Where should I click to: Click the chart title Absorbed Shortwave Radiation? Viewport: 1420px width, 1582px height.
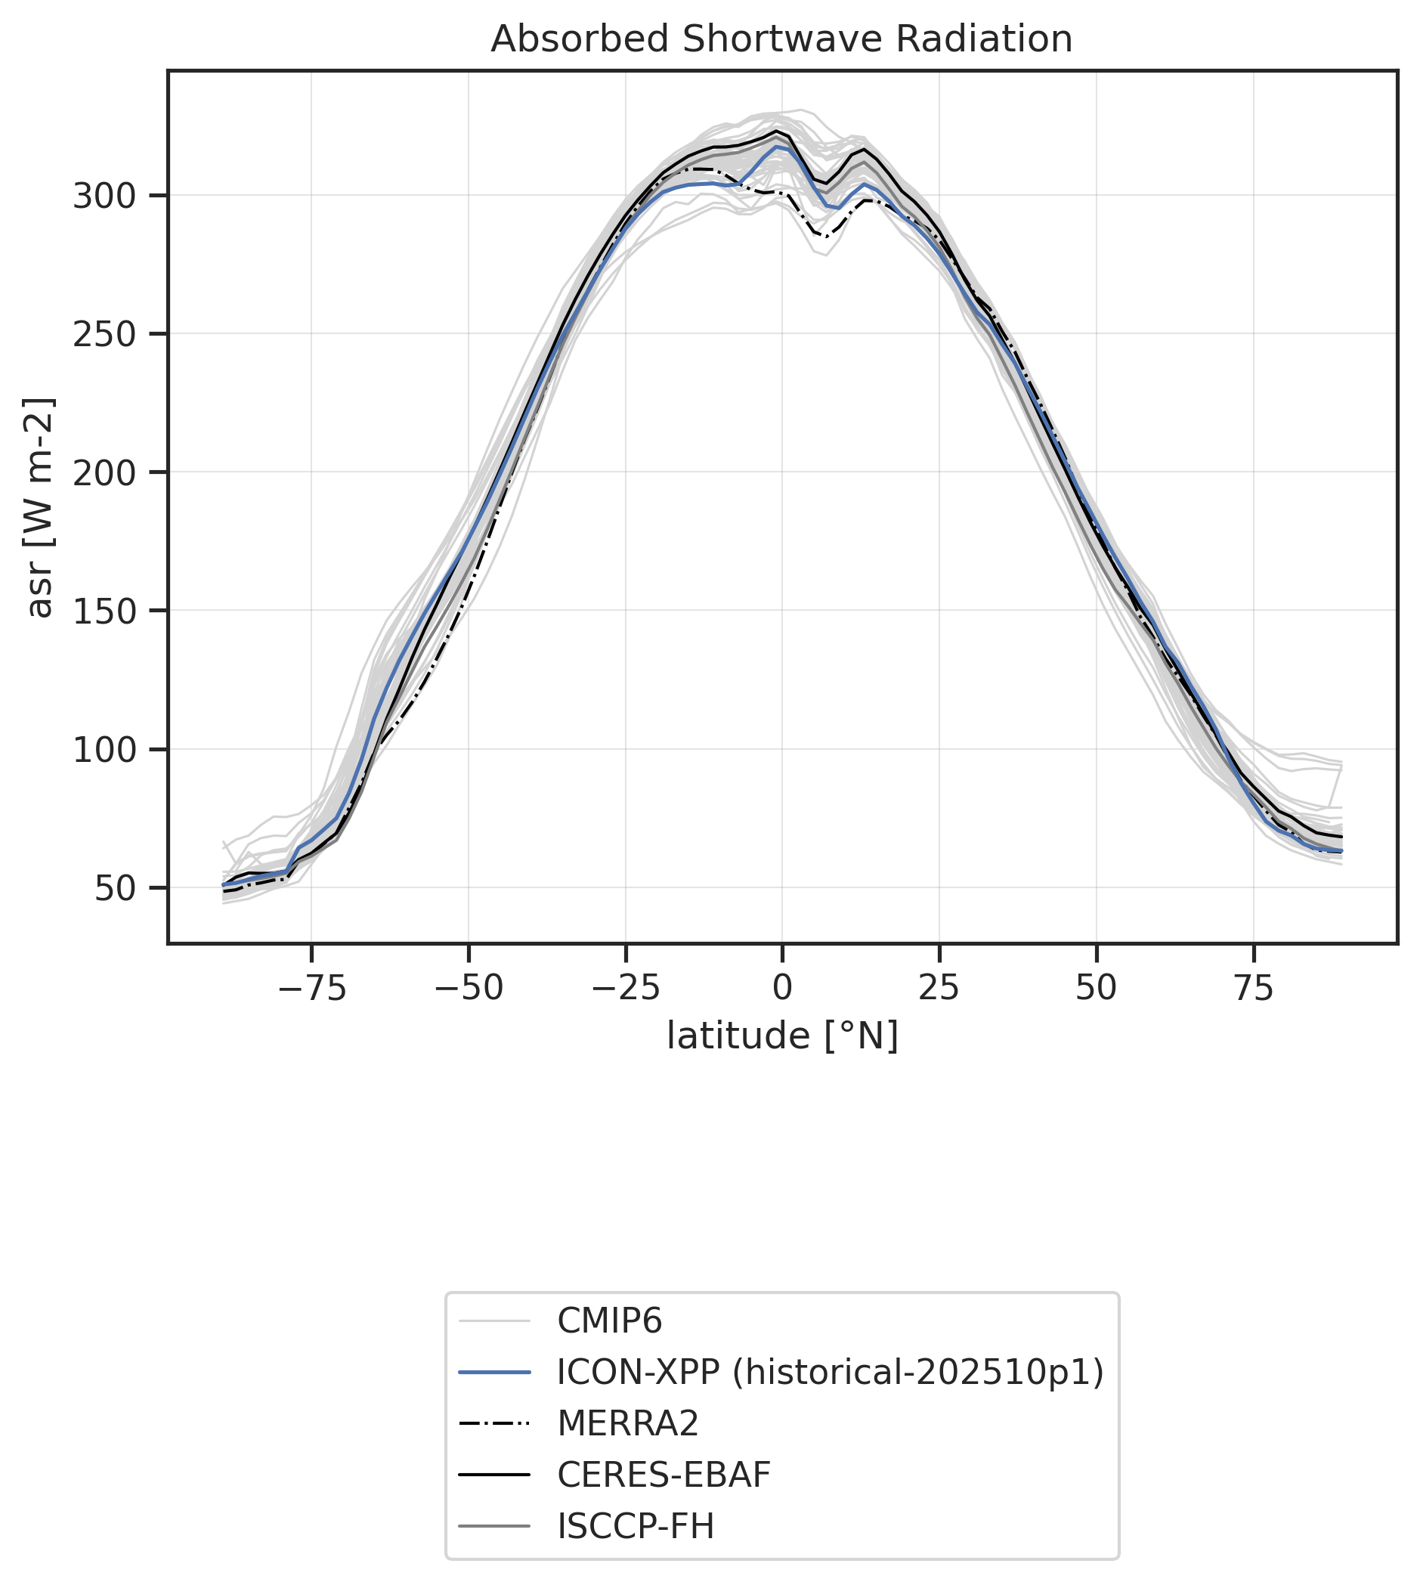coord(781,39)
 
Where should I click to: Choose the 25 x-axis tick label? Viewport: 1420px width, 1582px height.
coord(939,989)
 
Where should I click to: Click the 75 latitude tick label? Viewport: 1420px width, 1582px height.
coord(1254,989)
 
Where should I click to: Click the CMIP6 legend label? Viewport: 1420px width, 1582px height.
coord(609,1321)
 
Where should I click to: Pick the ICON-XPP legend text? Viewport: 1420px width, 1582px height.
coord(830,1372)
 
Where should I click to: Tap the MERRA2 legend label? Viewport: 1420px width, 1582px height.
coord(628,1423)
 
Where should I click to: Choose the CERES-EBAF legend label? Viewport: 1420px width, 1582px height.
coord(664,1475)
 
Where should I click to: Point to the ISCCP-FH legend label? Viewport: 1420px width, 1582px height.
coord(636,1526)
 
